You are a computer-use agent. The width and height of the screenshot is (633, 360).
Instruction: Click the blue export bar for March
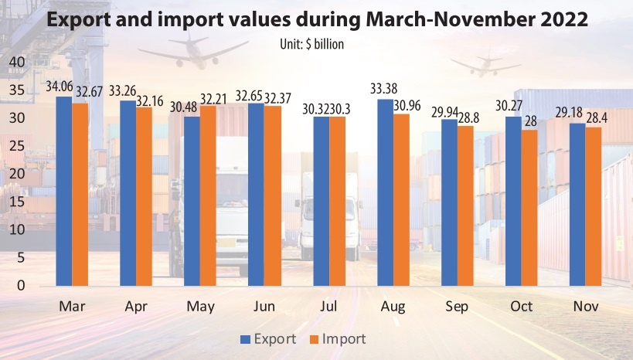(63, 191)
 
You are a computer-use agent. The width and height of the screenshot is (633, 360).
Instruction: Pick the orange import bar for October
(529, 208)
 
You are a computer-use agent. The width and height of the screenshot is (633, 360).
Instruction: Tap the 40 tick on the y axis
(17, 62)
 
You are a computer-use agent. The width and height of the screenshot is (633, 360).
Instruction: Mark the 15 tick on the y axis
(17, 202)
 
